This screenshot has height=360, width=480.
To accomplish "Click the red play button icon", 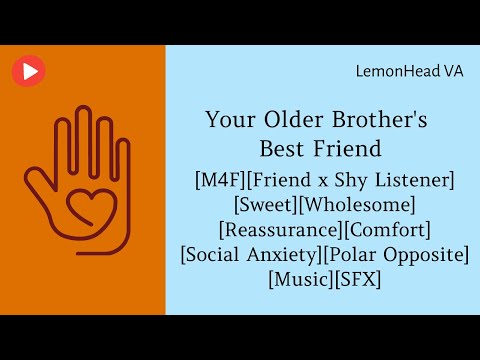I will point(29,70).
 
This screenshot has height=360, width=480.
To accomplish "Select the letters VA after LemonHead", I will point(453,72).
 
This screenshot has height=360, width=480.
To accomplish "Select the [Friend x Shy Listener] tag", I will point(354,181).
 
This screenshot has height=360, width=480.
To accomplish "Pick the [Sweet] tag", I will point(266,205).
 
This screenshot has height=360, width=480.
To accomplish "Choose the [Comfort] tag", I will point(384,230).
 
